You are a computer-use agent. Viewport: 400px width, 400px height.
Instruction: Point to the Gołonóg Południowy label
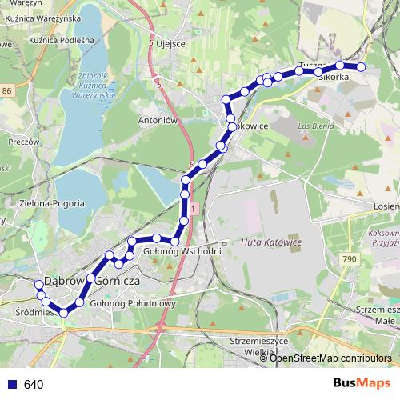[x=133, y=303]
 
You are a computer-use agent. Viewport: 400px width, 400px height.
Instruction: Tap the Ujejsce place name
[x=171, y=44]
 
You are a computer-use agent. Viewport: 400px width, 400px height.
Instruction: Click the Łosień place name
[x=386, y=205]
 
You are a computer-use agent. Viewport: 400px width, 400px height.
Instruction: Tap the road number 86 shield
[x=6, y=91]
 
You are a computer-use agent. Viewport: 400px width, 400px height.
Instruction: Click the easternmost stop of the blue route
[x=361, y=67]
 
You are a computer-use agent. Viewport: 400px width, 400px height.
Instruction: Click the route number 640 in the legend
[x=34, y=385]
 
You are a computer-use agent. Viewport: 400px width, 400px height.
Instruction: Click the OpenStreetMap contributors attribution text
[x=330, y=358]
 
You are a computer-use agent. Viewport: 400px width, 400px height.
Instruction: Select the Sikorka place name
[x=333, y=78]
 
